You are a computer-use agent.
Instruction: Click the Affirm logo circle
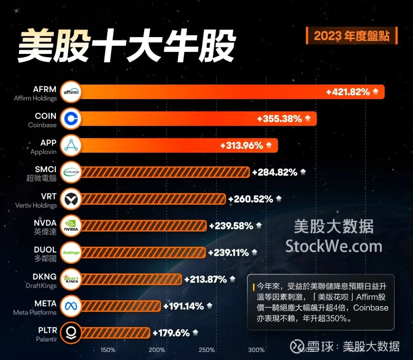click(x=71, y=92)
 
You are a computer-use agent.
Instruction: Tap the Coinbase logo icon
click(x=71, y=119)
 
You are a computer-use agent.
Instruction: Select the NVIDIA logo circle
click(x=71, y=226)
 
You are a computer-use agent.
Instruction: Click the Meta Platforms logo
click(x=71, y=306)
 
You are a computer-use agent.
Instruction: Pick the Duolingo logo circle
click(x=71, y=252)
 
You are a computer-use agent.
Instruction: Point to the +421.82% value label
click(x=348, y=92)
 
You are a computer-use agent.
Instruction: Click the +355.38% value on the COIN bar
click(x=280, y=119)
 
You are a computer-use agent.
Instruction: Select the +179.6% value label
click(x=171, y=333)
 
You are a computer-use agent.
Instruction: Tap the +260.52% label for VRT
click(x=250, y=199)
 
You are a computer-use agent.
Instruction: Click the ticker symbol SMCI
click(x=46, y=169)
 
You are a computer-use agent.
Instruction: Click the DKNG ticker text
click(x=45, y=277)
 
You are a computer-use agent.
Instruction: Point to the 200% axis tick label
click(x=157, y=350)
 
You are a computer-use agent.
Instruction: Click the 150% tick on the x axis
click(x=108, y=350)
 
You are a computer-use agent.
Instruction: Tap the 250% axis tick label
click(x=206, y=350)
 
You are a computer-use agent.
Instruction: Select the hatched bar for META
click(x=121, y=306)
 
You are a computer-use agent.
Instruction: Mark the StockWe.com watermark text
click(x=334, y=246)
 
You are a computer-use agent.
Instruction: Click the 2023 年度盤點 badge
click(x=351, y=36)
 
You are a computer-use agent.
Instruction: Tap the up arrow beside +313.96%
click(x=269, y=145)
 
